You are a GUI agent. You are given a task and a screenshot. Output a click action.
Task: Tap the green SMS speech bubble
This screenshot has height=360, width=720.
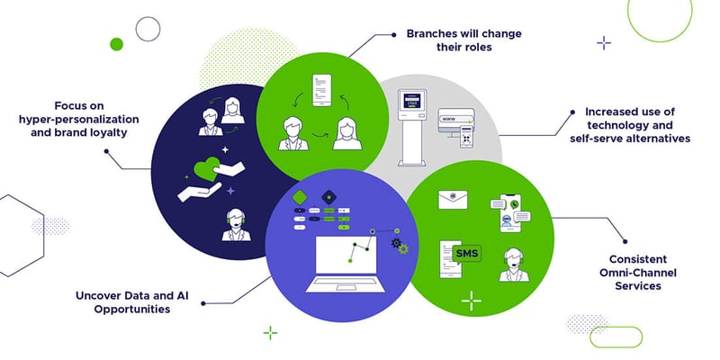click(x=468, y=254)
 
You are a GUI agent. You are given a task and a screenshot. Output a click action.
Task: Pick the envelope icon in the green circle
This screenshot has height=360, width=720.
click(x=455, y=201)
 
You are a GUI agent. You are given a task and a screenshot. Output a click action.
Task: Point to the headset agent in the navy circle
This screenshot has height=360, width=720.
click(x=234, y=226)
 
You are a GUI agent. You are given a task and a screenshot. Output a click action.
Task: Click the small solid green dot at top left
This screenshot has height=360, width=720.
click(x=115, y=43)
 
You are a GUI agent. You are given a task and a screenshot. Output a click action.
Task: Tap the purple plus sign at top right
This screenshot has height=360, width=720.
click(x=604, y=41)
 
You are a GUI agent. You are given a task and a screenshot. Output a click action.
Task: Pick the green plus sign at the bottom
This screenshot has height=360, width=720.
click(x=269, y=333)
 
